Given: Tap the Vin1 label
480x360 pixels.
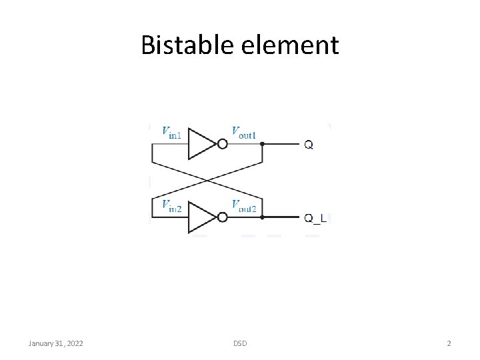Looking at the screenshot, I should pos(171,132).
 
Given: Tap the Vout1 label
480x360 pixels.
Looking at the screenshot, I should pos(244,132).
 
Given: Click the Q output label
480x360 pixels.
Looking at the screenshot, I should pos(309,144).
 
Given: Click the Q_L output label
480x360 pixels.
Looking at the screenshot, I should pos(315,218).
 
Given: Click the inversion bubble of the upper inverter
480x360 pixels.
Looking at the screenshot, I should pos(223,143).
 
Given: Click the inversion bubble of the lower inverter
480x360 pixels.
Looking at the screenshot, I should pos(223,217).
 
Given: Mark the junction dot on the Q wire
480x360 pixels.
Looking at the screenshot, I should pos(262,143).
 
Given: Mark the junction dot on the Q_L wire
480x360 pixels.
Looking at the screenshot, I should pos(262,217).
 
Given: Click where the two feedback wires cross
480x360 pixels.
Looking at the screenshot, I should pos(207,180).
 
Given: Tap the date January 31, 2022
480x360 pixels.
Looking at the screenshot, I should pos(56,343).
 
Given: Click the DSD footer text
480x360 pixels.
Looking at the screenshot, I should pos(240,343).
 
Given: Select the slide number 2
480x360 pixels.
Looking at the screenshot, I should pos(449,343).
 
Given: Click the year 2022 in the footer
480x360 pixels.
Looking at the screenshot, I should pos(74,343).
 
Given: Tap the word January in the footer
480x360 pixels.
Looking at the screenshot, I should pos(42,343).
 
